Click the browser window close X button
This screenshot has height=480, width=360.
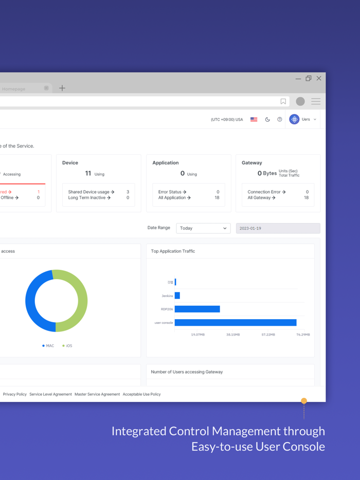coord(319,79)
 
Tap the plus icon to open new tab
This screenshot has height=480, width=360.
coord(62,88)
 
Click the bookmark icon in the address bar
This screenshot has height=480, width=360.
coord(283,102)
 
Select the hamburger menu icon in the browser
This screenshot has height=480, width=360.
coord(316,102)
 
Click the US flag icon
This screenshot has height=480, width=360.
coord(254,119)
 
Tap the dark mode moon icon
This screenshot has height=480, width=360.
coord(267,119)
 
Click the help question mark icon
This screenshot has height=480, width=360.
coord(280,119)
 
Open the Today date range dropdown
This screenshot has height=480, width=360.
coord(203,228)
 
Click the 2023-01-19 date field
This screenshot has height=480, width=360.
coord(278,228)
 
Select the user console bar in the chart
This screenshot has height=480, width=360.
coord(236,323)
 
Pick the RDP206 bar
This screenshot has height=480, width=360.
coord(197,309)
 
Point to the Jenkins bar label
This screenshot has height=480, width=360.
coord(167,296)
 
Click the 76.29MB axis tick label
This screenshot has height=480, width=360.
coord(303,335)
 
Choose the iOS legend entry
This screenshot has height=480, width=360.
coord(67,346)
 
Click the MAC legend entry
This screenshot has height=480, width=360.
coord(48,346)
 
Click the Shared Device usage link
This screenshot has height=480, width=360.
coord(91,192)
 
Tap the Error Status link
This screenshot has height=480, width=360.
coord(172,192)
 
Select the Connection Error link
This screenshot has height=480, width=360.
coord(266,192)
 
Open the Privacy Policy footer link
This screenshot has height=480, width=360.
coord(15,394)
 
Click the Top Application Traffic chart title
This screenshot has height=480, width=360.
coord(173,251)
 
